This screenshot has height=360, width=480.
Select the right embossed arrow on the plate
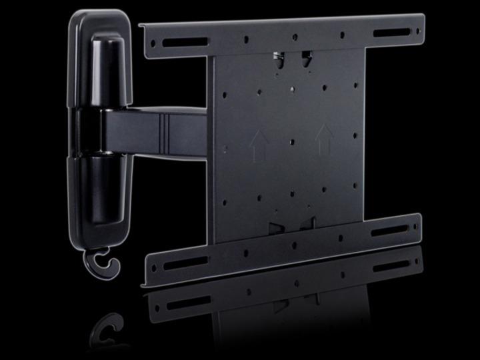coord(324,136)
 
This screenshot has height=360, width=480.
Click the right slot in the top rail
coord(392,33)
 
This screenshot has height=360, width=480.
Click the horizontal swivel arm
coord(153,130)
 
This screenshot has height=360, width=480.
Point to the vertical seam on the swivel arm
coord(164,131)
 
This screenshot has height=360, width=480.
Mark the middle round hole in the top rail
coord(294,37)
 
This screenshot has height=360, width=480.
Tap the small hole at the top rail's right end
coord(417,31)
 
